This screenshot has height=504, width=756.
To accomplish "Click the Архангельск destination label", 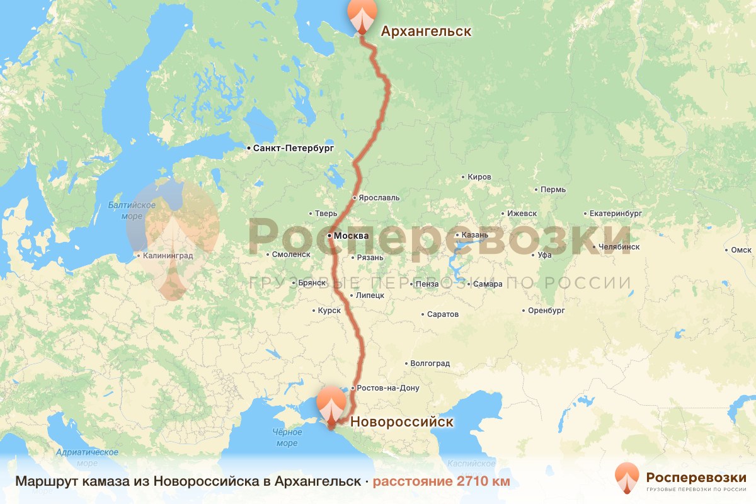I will click(x=425, y=31).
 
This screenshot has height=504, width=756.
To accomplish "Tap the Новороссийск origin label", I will click(x=401, y=421).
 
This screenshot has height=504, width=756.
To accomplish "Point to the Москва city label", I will click(x=351, y=236).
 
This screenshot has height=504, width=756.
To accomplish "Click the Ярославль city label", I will click(x=379, y=197).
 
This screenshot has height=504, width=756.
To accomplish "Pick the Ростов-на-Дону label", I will click(x=387, y=388).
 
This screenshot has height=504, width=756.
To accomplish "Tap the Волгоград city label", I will click(x=430, y=364).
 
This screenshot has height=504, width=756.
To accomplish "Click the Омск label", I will click(x=741, y=250).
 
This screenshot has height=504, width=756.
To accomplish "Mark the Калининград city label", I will click(x=168, y=256).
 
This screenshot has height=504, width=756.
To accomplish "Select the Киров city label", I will click(x=479, y=177).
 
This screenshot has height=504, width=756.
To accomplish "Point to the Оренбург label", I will click(x=546, y=311).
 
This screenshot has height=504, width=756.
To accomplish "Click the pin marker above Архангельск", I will click(x=362, y=15).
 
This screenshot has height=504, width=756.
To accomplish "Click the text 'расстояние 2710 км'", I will click(x=441, y=482).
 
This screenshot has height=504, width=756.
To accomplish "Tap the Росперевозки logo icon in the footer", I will click(x=626, y=478).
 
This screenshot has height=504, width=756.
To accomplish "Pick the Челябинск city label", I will click(x=619, y=247).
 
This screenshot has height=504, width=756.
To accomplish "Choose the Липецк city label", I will click(x=370, y=295).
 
